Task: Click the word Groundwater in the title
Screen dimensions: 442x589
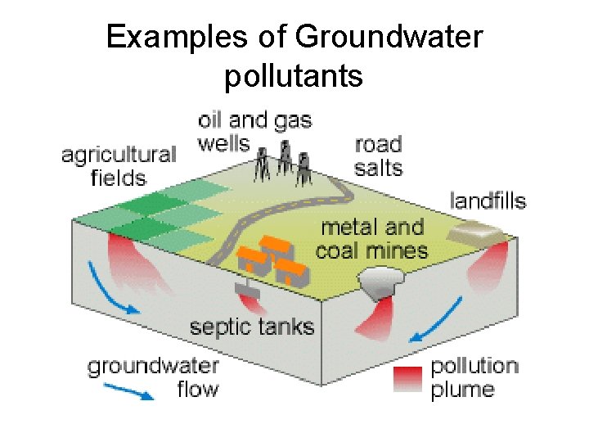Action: pyautogui.click(x=389, y=37)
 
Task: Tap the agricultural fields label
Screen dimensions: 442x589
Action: pyautogui.click(x=119, y=166)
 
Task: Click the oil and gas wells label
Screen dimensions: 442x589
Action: pyautogui.click(x=254, y=131)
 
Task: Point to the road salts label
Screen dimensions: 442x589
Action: pyautogui.click(x=379, y=156)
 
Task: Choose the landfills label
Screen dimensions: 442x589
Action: pyautogui.click(x=488, y=201)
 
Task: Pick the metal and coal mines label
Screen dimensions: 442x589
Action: pyautogui.click(x=371, y=238)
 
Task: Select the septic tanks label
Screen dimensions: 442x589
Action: pyautogui.click(x=252, y=327)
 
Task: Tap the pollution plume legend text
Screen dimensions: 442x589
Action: pyautogui.click(x=474, y=377)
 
